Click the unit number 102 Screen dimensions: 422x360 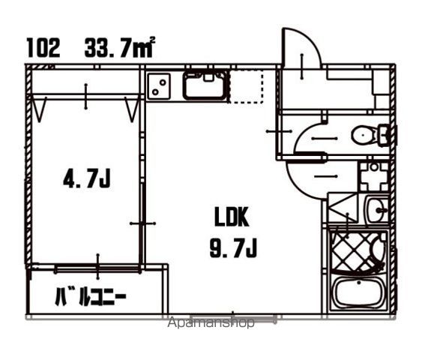point(43,48)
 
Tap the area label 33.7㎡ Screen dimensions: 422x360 point(120,47)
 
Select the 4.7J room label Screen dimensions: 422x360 point(87,178)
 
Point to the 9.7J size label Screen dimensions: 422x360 point(233,248)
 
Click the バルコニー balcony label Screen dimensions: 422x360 point(91,296)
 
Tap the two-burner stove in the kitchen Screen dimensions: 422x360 point(159,87)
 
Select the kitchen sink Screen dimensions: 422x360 point(205,85)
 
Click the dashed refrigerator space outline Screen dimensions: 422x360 point(245,86)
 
